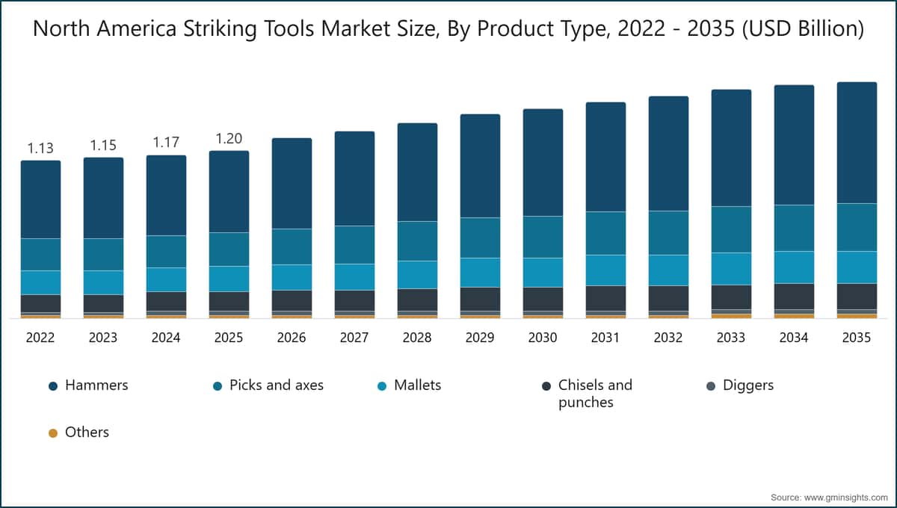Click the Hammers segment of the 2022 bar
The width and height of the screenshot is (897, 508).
tap(40, 199)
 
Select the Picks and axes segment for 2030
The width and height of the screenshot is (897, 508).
tap(543, 237)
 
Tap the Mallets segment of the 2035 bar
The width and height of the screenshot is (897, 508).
tap(857, 267)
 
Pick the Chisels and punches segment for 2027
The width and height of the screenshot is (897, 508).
tap(354, 300)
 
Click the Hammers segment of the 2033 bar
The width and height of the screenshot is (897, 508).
tap(731, 148)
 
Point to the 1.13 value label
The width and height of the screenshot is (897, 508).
tap(40, 148)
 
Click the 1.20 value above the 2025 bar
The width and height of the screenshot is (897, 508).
tap(229, 139)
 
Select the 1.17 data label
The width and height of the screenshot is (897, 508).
tap(166, 142)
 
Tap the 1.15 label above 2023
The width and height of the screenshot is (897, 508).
tap(103, 145)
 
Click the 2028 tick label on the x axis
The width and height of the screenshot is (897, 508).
tap(417, 338)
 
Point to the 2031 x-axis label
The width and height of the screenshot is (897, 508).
tap(605, 338)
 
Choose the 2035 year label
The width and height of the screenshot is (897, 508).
tap(857, 338)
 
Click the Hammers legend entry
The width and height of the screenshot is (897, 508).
tap(96, 385)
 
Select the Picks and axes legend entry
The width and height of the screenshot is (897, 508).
tap(276, 385)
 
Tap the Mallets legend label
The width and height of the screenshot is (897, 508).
tap(417, 385)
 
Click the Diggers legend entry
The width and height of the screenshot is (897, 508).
tap(747, 385)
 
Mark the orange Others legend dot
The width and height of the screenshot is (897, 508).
tap(53, 433)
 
